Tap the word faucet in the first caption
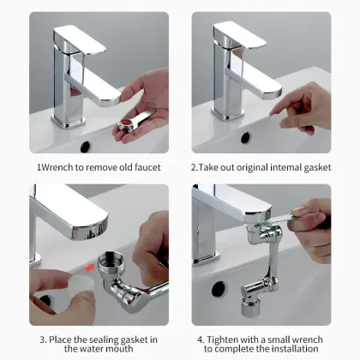click(x=142, y=167)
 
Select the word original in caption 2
click(x=257, y=167)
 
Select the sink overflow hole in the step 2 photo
click(x=245, y=136)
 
